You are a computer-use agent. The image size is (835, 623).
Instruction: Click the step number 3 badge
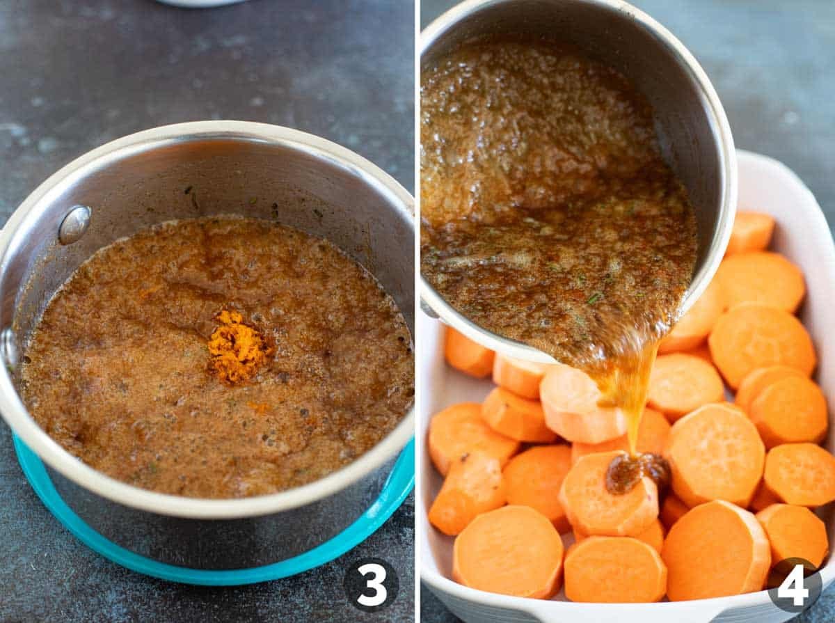(371, 585)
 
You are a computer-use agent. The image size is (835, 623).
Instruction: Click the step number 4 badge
(794, 585)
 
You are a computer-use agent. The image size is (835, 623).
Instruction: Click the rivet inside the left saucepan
(74, 224)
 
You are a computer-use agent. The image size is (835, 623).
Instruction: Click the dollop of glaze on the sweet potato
(635, 471)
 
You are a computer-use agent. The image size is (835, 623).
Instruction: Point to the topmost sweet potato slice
(750, 232)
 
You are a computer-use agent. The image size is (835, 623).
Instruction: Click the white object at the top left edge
(202, 3)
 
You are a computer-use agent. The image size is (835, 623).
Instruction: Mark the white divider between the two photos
(417, 313)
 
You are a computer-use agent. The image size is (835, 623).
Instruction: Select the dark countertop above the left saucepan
(209, 70)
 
